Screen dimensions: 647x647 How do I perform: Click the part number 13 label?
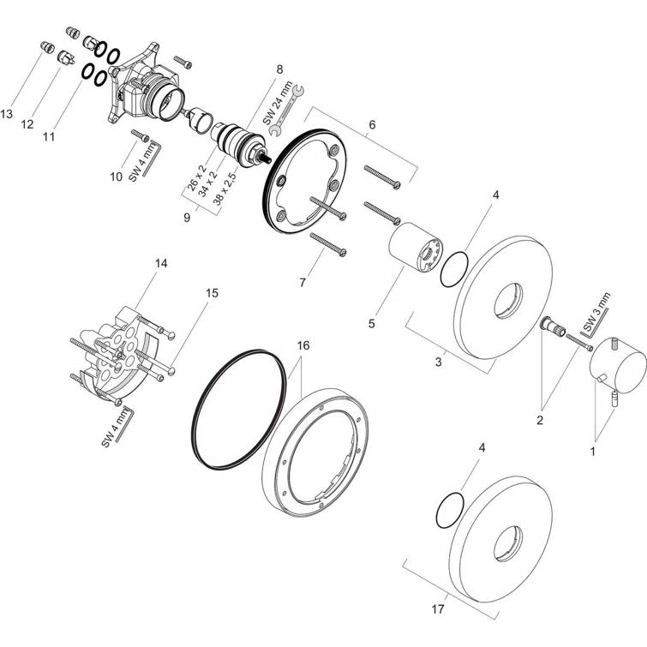(7, 113)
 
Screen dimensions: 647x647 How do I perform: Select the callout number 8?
(279, 69)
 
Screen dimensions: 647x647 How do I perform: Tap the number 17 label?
(438, 608)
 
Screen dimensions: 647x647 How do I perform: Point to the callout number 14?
(161, 263)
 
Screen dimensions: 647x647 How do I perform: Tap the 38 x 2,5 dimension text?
(225, 189)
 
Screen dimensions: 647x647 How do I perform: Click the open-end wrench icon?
(286, 111)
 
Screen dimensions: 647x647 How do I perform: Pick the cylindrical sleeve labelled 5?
(416, 248)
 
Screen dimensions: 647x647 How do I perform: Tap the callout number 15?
(212, 293)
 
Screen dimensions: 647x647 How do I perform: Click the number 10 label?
(116, 177)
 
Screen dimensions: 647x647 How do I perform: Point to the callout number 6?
(372, 124)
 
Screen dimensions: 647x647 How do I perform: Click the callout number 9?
(187, 217)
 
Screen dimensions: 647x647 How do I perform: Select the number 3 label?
(438, 362)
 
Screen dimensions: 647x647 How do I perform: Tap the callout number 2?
(540, 420)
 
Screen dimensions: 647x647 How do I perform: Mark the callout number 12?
(27, 123)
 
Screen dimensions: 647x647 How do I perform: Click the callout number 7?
(303, 282)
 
